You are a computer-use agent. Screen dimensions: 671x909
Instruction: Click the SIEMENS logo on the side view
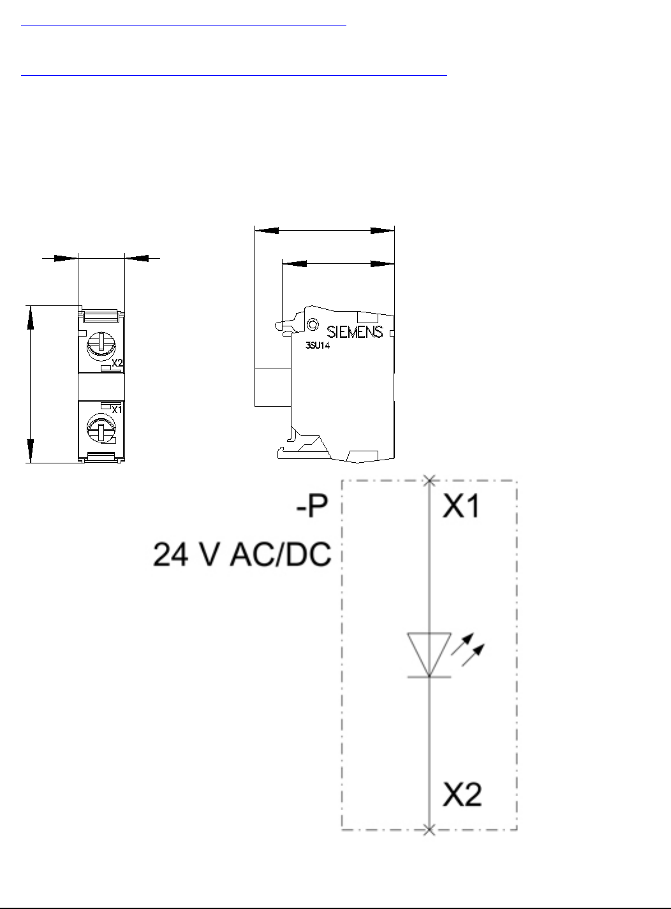355,332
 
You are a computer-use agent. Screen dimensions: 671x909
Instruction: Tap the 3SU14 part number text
318,345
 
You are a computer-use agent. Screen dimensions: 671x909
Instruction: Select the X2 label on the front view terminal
117,363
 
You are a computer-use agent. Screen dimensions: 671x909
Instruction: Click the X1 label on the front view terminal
117,409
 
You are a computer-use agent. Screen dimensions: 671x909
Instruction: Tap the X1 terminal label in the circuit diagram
461,506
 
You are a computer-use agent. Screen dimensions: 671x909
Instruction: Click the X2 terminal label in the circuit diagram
462,795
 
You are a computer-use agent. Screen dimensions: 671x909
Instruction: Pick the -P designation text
312,506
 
